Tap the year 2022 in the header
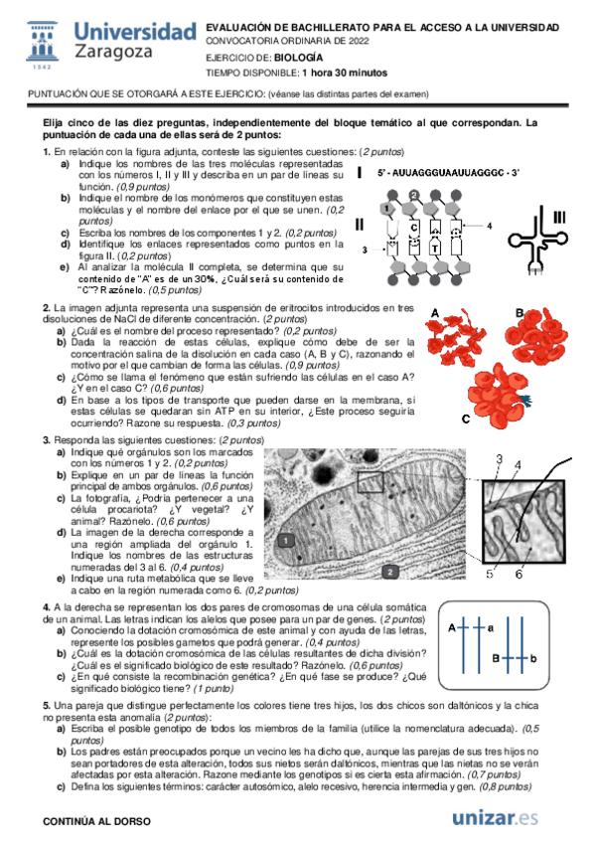click(359, 41)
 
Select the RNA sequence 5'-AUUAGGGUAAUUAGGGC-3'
click(448, 173)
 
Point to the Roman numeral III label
click(559, 217)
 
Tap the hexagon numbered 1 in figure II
click(386, 208)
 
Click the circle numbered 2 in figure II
click(413, 195)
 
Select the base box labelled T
click(435, 248)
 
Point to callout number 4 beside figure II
click(489, 227)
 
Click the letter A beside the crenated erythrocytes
click(435, 313)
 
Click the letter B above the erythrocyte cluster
click(520, 313)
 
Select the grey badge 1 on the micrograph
click(286, 541)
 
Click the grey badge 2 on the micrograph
click(390, 572)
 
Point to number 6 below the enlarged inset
click(519, 575)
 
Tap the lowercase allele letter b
click(533, 658)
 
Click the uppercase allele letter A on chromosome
click(452, 627)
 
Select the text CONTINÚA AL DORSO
click(96, 821)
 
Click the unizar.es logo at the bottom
click(495, 818)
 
